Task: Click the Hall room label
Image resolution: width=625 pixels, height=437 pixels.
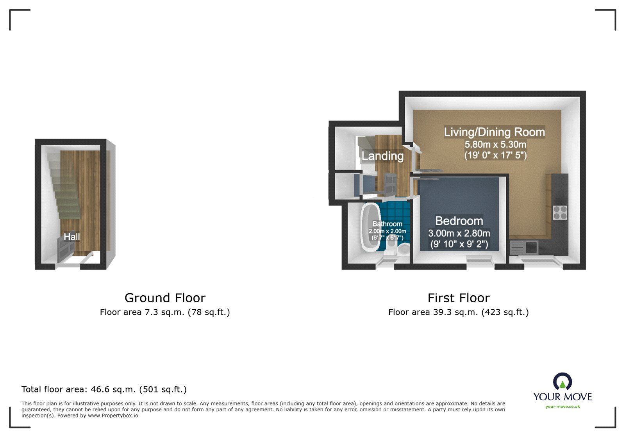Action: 72,237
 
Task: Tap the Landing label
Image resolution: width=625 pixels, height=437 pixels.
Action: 382,156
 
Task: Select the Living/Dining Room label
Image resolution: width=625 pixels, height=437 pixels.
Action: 494,132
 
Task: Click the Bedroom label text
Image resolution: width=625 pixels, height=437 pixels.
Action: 459,221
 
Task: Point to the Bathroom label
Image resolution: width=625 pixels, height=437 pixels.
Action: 387,224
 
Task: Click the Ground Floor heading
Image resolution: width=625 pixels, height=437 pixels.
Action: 165,298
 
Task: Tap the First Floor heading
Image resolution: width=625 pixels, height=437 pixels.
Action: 458,298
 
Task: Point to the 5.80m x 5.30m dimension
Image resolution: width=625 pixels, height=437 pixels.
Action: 495,144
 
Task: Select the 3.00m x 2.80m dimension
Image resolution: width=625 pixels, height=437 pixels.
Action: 459,234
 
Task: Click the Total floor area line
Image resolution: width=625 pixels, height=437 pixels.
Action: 104,389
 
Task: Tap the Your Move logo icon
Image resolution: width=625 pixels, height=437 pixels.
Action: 562,382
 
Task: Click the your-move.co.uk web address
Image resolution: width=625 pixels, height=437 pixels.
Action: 562,407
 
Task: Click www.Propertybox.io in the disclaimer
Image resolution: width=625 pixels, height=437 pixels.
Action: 112,416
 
